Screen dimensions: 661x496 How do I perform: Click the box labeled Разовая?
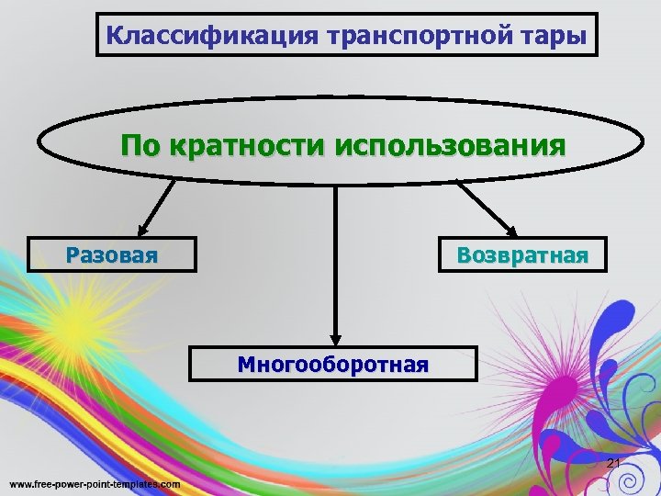pos(112,254)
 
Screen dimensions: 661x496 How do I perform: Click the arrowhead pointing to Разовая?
pos(143,230)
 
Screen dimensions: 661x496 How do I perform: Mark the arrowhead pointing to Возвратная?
pos(509,230)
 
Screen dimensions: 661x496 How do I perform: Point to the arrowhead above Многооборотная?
pos(336,338)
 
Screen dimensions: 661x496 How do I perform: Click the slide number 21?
pos(614,463)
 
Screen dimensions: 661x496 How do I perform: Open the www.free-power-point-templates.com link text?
pos(95,483)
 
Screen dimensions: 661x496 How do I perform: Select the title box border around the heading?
pos(346,14)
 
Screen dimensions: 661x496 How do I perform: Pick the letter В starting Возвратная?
pos(464,254)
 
